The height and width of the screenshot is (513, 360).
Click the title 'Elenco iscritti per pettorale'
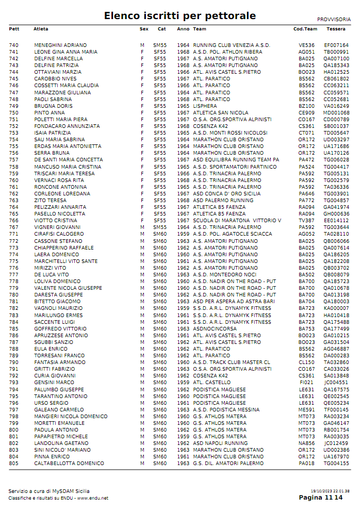point(179,16)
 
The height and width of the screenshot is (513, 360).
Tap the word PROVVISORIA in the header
point(334,19)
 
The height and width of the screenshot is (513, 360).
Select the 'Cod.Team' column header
point(305,29)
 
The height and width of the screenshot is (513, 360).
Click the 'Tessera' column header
point(336,29)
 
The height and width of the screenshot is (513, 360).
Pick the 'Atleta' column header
point(41,29)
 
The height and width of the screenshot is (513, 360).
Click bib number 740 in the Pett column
point(13,45)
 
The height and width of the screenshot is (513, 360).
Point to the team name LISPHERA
point(205,106)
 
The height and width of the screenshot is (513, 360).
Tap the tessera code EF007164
point(336,45)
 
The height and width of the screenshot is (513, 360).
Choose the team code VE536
point(306,45)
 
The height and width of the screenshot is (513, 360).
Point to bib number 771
point(13,234)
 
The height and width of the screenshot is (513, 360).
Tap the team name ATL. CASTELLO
point(212,383)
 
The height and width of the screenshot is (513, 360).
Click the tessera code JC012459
point(336,443)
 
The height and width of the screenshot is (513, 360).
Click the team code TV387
point(306,221)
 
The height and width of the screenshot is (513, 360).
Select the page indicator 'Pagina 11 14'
point(320,498)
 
